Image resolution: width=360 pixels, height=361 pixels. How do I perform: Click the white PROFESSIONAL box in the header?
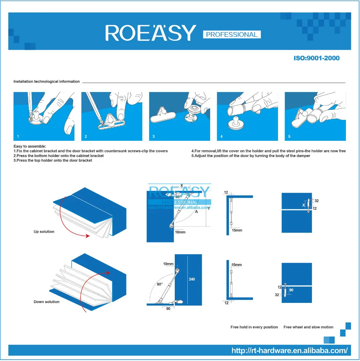[231, 35]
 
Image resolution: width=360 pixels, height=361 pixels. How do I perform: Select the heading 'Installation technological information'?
[47, 82]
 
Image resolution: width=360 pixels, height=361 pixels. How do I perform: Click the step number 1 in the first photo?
[18, 137]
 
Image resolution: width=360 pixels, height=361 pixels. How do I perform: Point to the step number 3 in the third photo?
[154, 137]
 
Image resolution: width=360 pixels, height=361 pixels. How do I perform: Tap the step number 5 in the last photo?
[289, 137]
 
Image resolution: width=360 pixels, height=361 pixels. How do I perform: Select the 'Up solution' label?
[44, 232]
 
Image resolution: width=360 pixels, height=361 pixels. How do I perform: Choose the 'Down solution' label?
[46, 302]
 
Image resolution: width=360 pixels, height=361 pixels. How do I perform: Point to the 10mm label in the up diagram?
[180, 232]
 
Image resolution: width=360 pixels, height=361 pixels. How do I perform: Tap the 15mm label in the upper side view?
[237, 230]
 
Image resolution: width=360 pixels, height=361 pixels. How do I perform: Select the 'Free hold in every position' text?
[254, 327]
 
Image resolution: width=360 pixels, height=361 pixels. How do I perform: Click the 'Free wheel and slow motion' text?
[308, 327]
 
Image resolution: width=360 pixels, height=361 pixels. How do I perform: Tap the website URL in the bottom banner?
[289, 350]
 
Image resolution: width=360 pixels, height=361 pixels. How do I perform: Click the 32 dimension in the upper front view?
[317, 201]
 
